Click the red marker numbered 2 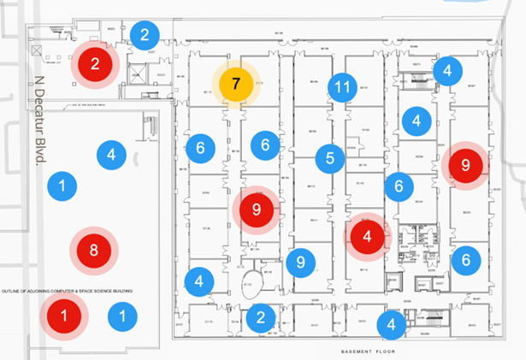[95, 62]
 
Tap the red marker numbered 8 [95, 251]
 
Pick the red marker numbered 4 [367, 236]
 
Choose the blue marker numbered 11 [342, 87]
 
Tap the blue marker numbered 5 [329, 157]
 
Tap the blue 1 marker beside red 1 [122, 317]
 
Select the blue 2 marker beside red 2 [145, 36]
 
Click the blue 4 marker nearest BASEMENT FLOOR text [391, 323]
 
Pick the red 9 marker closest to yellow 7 [256, 209]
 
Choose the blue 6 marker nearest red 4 [399, 186]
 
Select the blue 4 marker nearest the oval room [198, 280]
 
